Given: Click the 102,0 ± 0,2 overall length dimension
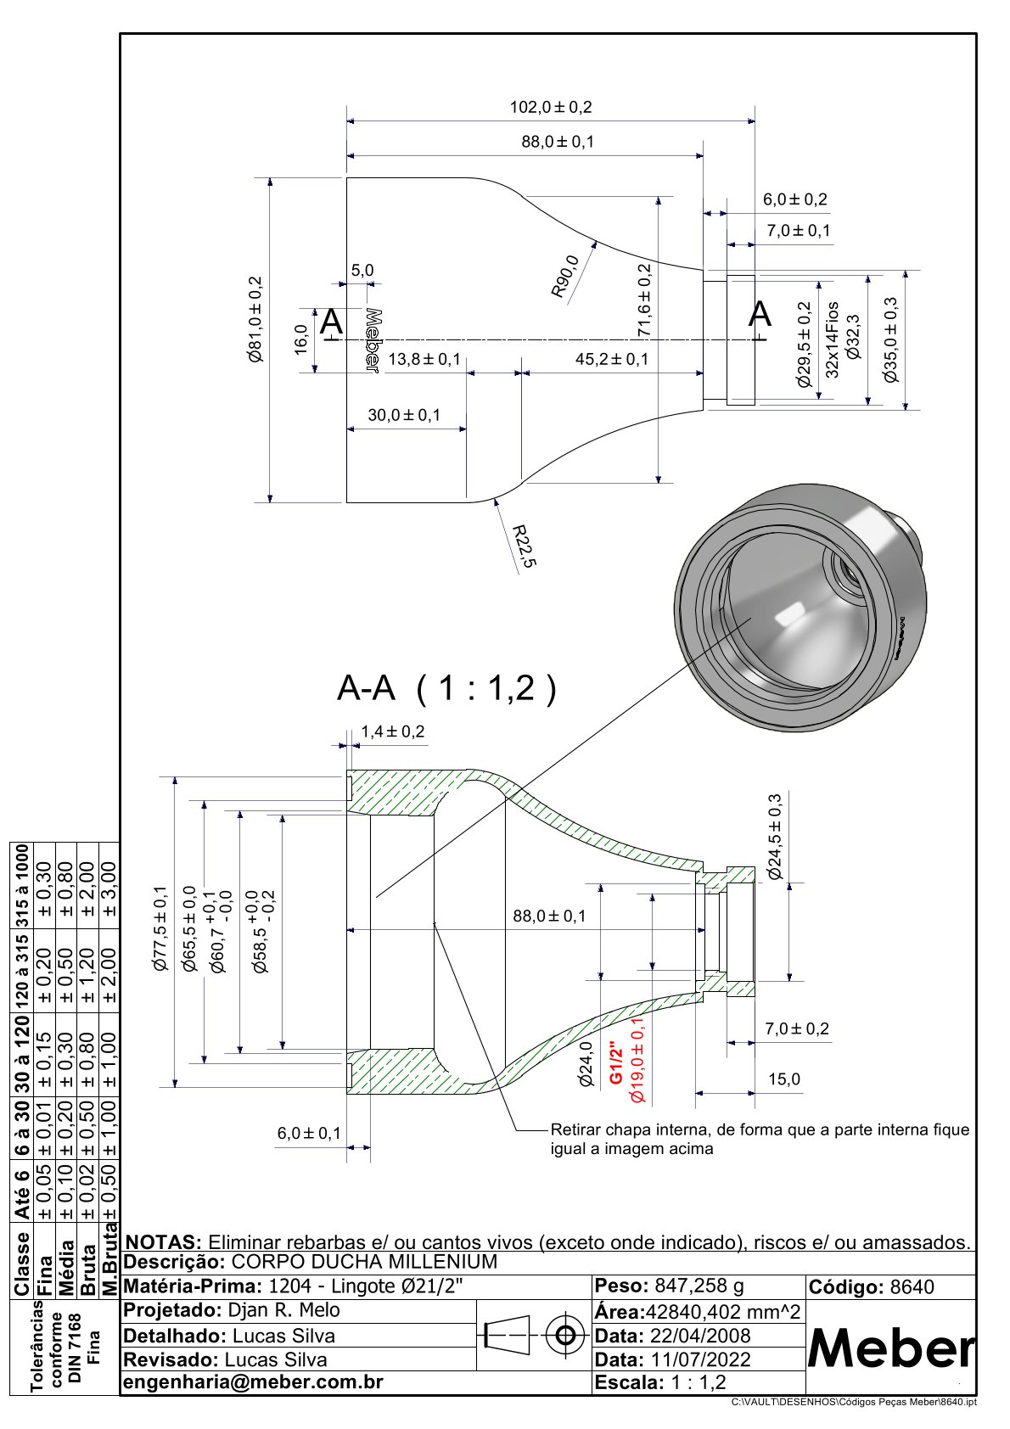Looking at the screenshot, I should [x=550, y=108].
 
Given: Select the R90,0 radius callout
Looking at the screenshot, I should [x=565, y=277].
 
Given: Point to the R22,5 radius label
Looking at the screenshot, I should [x=524, y=546].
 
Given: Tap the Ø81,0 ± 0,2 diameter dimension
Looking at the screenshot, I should [x=255, y=320].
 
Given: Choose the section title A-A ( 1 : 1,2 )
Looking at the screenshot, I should [x=446, y=688].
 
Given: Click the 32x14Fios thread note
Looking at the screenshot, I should [x=833, y=339].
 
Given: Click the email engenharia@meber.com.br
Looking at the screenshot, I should [x=254, y=1382].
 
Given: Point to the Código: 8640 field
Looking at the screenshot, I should [x=872, y=1287].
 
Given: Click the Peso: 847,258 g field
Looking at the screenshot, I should [x=670, y=1286].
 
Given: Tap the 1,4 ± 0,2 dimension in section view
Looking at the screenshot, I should [x=392, y=731].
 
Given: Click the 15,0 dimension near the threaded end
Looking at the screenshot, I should [x=783, y=1079].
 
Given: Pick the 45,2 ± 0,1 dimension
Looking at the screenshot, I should [x=611, y=359].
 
